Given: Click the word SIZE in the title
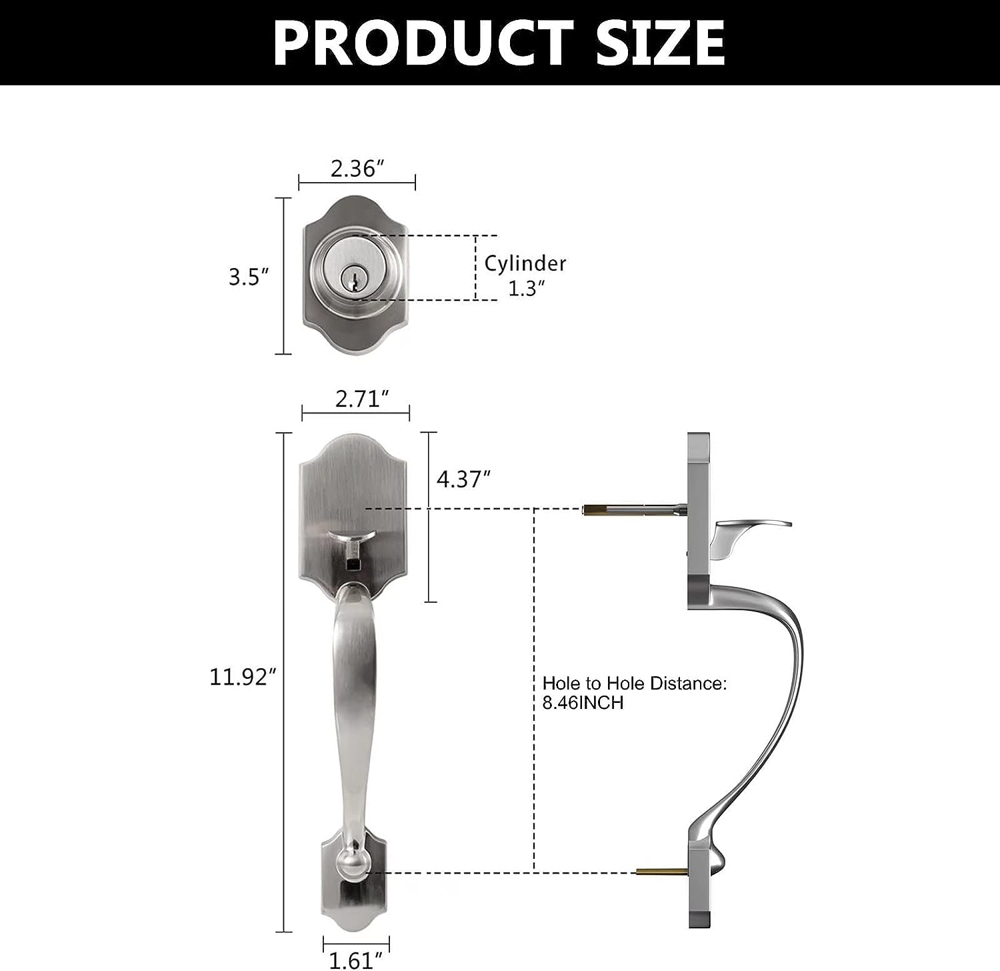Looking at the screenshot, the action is pos(660,43).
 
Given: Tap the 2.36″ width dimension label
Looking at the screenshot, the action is pos(358,168).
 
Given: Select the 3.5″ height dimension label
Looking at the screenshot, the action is pos(249,276).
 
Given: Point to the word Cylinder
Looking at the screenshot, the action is pos(525,263).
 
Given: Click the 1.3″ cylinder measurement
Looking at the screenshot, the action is pos(527,288).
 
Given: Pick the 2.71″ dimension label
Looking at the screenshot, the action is pos(362,399).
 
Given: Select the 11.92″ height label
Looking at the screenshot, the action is pos(243,677).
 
